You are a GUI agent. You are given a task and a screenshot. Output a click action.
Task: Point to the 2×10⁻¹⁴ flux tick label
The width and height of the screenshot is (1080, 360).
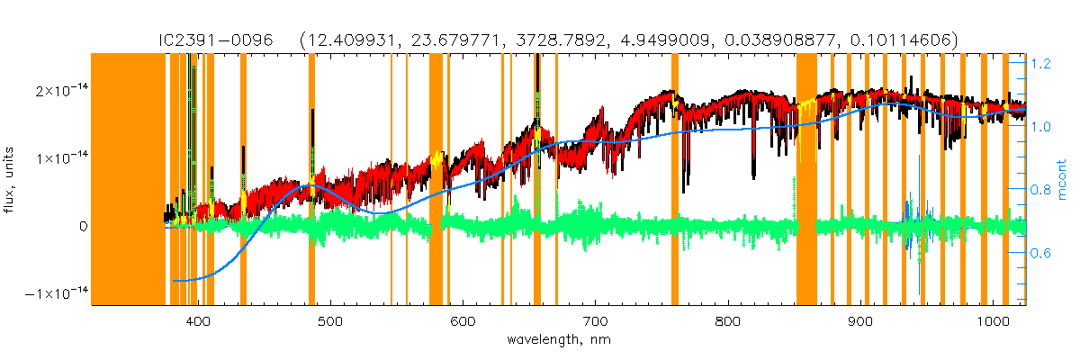[x=55, y=91]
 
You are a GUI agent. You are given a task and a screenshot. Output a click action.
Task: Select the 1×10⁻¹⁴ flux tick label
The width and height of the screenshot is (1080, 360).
[x=55, y=158]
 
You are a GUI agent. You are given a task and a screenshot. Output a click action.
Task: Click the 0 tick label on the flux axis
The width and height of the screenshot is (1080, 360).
[x=82, y=227]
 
